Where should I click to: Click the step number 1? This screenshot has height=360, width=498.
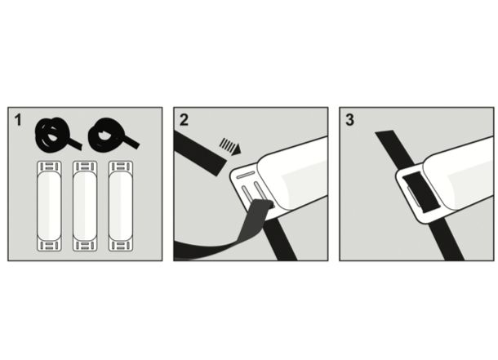(x=18, y=120)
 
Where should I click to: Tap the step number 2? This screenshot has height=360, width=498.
(x=184, y=120)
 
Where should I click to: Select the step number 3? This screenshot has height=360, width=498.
(x=349, y=120)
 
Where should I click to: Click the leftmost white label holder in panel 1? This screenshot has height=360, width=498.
(x=49, y=206)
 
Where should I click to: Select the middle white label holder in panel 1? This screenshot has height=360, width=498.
(x=85, y=206)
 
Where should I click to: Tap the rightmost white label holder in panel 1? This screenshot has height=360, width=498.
(x=121, y=206)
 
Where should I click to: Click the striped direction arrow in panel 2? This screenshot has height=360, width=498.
(x=230, y=146)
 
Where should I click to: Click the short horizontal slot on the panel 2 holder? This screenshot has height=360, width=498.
(x=246, y=175)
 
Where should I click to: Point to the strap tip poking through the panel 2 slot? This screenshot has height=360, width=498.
(x=270, y=204)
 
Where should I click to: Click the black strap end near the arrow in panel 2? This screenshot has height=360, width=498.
(x=199, y=153)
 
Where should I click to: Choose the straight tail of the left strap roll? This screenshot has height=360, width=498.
(x=74, y=144)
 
